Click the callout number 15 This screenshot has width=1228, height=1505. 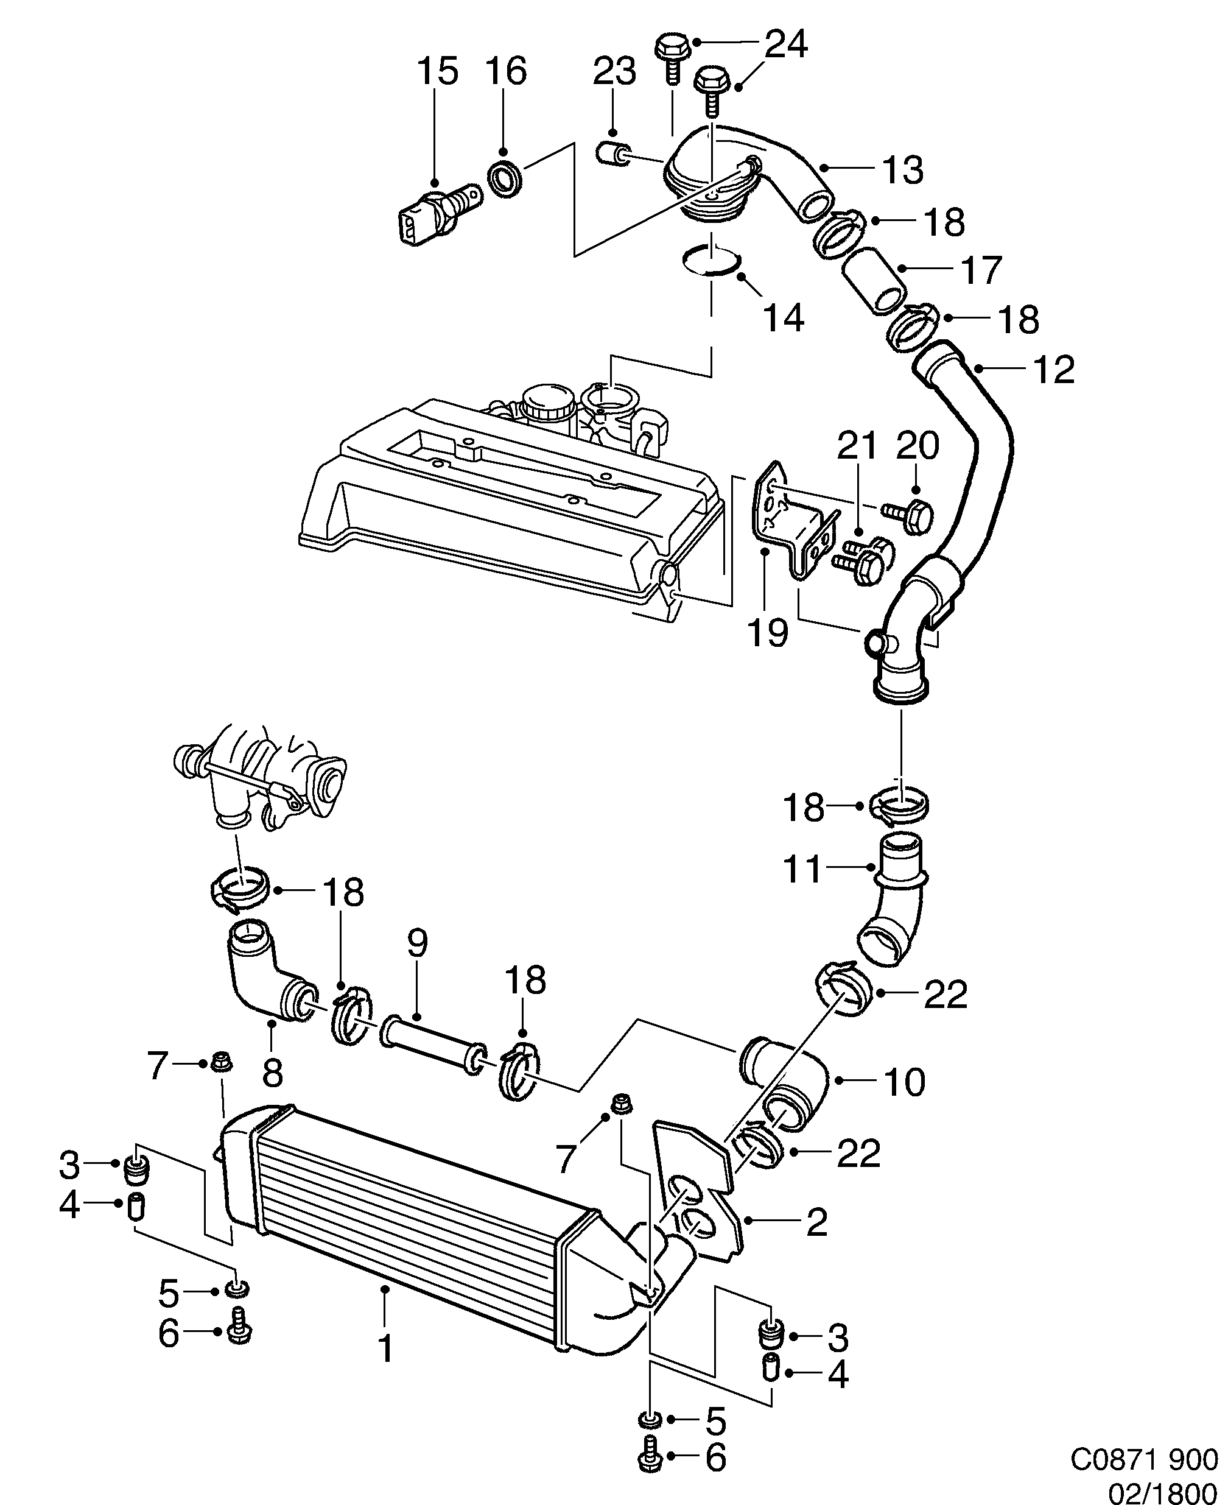pyautogui.click(x=437, y=71)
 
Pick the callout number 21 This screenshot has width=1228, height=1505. pyautogui.click(x=857, y=446)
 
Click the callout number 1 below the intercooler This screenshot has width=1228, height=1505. pyautogui.click(x=385, y=1350)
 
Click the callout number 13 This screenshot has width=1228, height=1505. pyautogui.click(x=903, y=171)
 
